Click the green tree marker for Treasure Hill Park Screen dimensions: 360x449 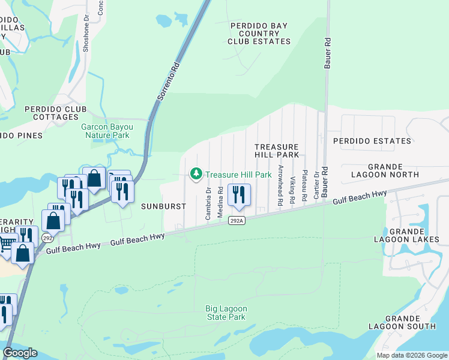(196, 175)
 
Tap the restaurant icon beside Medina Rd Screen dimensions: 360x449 (240, 195)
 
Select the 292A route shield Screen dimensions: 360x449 (237, 221)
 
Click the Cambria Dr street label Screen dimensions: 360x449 (208, 203)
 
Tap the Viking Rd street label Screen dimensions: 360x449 (292, 189)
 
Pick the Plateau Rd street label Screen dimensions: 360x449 (304, 184)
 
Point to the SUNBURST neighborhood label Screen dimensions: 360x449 (164, 206)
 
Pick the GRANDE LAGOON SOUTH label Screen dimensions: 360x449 (411, 322)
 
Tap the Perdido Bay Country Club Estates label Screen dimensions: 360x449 (259, 34)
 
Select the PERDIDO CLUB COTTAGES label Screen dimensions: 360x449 (56, 113)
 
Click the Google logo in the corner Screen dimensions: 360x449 (20, 353)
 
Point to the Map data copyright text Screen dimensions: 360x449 (411, 355)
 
